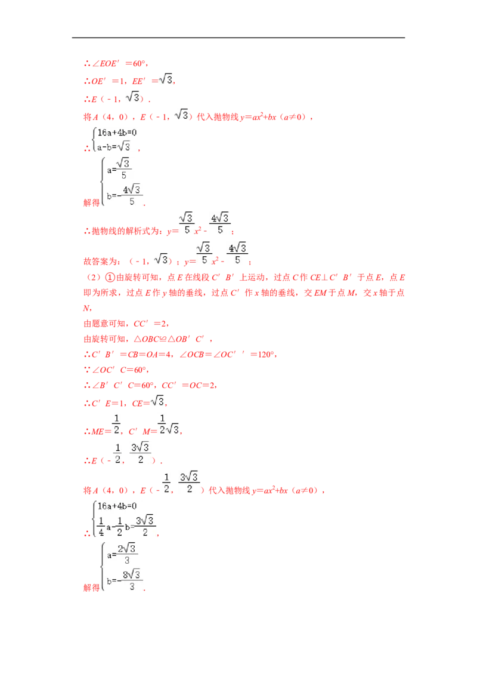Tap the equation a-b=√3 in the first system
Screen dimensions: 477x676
click(114, 146)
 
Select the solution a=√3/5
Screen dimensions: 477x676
click(119, 168)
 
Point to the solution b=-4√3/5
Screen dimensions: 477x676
click(124, 195)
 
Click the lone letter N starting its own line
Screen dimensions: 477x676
click(86, 308)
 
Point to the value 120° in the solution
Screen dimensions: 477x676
click(265, 354)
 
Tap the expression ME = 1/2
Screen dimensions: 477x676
click(106, 425)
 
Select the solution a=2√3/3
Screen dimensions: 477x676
click(122, 554)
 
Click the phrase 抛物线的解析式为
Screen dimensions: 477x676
click(128, 231)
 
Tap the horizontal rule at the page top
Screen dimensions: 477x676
click(238, 38)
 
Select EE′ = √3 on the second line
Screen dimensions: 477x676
click(152, 81)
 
